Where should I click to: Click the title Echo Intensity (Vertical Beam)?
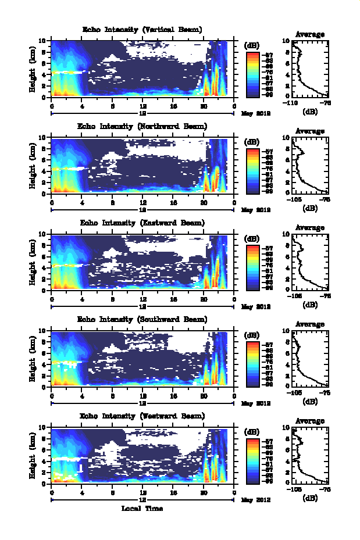tap(142, 30)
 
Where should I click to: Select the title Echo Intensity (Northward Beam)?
tap(142, 126)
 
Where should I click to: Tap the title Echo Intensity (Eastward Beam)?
tap(142, 223)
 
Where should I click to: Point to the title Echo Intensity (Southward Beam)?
tap(142, 319)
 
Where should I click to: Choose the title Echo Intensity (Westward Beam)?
tap(142, 416)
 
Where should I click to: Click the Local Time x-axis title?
tap(142, 509)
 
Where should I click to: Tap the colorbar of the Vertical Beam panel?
tap(252, 73)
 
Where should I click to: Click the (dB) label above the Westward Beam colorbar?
tap(252, 431)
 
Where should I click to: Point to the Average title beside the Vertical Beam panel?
tap(310, 34)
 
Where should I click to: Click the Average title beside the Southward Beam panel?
tap(310, 324)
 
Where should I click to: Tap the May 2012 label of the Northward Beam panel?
tap(254, 210)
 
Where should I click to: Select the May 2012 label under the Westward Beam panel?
tap(254, 499)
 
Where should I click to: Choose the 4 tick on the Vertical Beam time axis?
tap(83, 106)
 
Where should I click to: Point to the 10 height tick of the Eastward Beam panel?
tap(45, 234)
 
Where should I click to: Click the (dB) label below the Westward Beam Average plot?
tap(310, 497)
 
